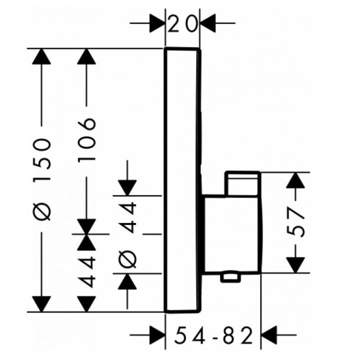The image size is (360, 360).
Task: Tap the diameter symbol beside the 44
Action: click(129, 258)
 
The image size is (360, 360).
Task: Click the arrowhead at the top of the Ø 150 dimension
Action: click(41, 57)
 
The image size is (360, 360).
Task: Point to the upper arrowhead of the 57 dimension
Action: click(296, 181)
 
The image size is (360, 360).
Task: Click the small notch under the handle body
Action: click(231, 276)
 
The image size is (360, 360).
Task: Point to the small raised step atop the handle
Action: click(243, 183)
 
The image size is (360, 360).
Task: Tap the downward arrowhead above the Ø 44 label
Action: click(129, 186)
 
